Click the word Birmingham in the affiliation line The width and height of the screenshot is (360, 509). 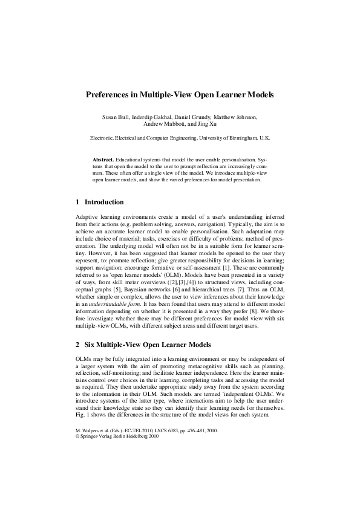pyautogui.click(x=239, y=138)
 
